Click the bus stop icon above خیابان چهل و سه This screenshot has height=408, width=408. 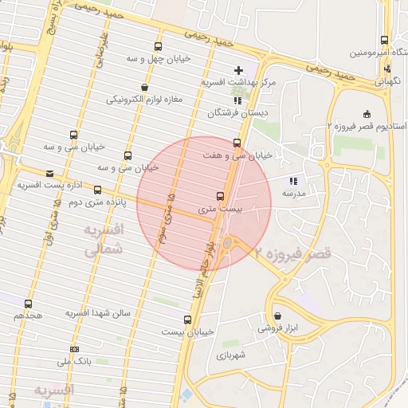(x=158, y=46)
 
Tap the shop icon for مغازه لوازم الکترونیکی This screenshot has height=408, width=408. (x=143, y=88)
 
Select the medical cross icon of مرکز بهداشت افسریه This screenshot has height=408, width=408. (x=238, y=69)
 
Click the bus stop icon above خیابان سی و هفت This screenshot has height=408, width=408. (x=237, y=143)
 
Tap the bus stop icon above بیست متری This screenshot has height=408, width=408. (x=220, y=195)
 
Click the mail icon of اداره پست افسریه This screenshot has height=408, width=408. (x=50, y=173)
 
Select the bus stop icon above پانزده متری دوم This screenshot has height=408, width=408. (x=98, y=190)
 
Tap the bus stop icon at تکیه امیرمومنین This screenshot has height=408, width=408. (x=385, y=41)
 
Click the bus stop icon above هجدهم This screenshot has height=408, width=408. (x=29, y=304)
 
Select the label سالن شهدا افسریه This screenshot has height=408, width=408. (x=98, y=312)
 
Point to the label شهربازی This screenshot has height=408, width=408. (x=231, y=354)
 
